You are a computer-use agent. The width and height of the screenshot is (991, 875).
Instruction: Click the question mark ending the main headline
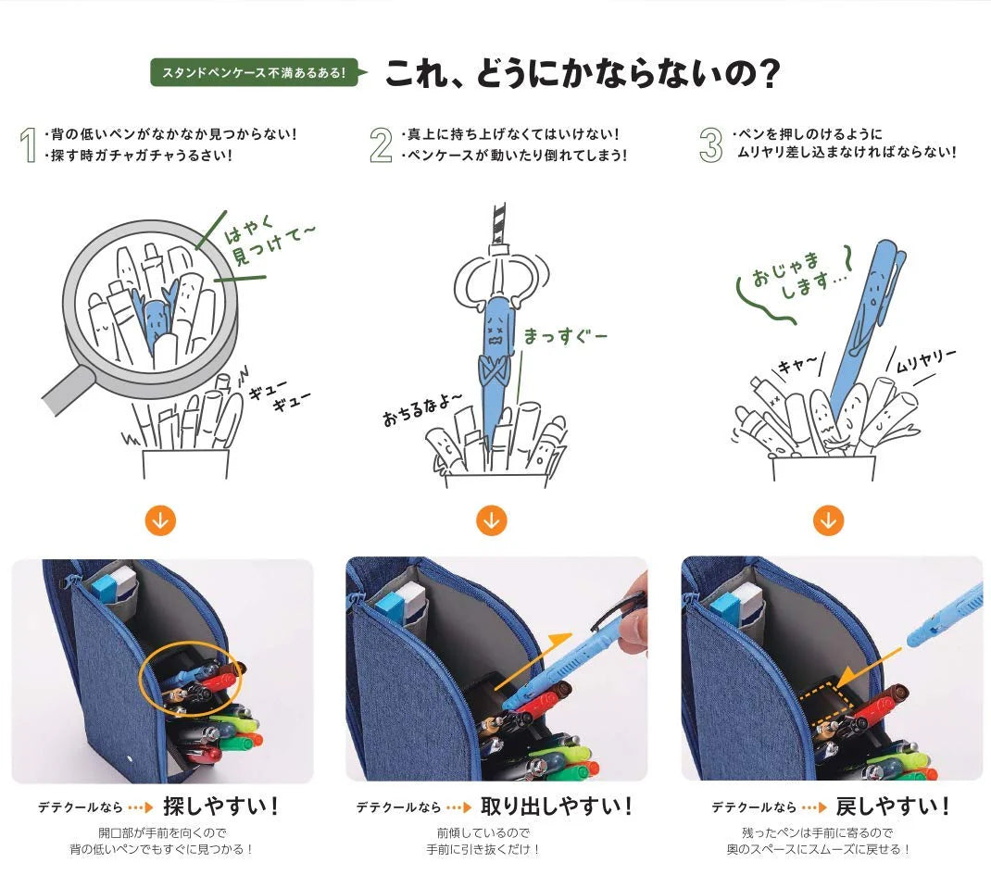pos(768,73)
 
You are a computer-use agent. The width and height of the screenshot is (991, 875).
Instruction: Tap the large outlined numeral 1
pos(27,144)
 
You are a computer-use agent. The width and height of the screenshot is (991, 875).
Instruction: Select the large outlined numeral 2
pos(381,144)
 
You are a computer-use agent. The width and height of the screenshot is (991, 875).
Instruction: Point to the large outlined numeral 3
pos(710,144)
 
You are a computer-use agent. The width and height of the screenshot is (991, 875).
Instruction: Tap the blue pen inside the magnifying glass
pos(155,319)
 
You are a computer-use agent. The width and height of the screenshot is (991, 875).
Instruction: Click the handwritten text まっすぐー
pos(565,336)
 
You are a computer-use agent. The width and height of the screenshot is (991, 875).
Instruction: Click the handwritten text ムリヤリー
pos(925,361)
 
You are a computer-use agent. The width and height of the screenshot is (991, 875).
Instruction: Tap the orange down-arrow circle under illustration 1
pos(160,520)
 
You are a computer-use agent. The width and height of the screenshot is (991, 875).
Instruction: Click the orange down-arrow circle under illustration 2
pos(491,520)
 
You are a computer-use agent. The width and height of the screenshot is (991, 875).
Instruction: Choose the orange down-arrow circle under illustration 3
pos(828,520)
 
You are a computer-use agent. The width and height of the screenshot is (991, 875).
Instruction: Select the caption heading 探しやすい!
pos(220,806)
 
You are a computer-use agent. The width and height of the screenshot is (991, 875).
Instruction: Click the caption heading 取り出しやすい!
pos(557,806)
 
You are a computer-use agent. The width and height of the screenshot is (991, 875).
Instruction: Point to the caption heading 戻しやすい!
pos(893,806)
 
